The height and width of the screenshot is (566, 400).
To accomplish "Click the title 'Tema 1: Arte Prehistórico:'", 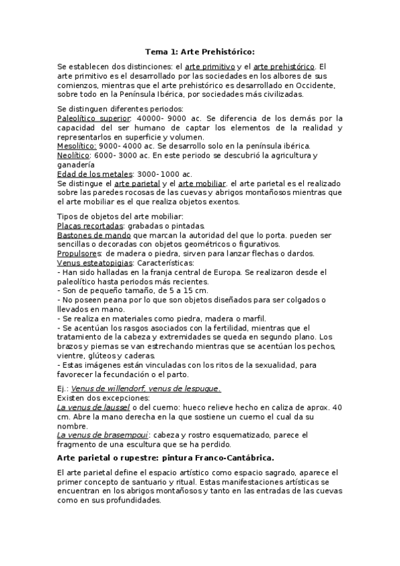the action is (x=200, y=51).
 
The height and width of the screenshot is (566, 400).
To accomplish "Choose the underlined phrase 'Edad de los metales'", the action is (x=85, y=174).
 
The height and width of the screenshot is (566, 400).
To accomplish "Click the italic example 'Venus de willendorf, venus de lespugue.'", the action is (x=146, y=388).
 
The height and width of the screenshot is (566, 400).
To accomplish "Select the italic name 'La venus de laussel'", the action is (x=93, y=407).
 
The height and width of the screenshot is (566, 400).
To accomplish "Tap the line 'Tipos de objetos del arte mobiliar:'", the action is (x=115, y=217).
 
